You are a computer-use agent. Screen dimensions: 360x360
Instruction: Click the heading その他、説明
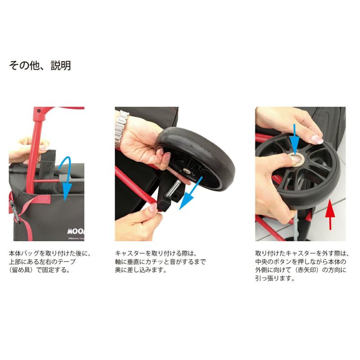coord(40,66)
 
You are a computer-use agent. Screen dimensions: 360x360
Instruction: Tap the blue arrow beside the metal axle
coord(190,193)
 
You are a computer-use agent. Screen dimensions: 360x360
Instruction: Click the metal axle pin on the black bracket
coord(173,188)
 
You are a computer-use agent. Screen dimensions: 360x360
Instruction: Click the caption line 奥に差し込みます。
coord(141,270)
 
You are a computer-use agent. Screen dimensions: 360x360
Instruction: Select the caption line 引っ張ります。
coord(275,278)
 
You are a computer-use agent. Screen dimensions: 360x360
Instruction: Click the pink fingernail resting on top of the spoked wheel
coord(317,139)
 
